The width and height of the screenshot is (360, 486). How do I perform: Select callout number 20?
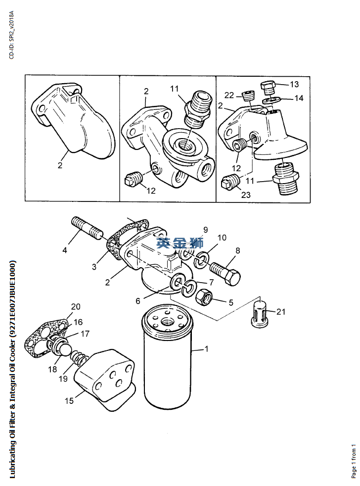75,306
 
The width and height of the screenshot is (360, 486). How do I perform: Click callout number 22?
229,95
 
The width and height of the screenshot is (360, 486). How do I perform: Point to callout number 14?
298,98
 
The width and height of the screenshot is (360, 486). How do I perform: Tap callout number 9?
205,230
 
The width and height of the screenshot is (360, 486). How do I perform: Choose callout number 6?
138,300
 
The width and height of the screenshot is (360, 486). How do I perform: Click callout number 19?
62,379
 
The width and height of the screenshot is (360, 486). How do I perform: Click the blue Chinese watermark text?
180,243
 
